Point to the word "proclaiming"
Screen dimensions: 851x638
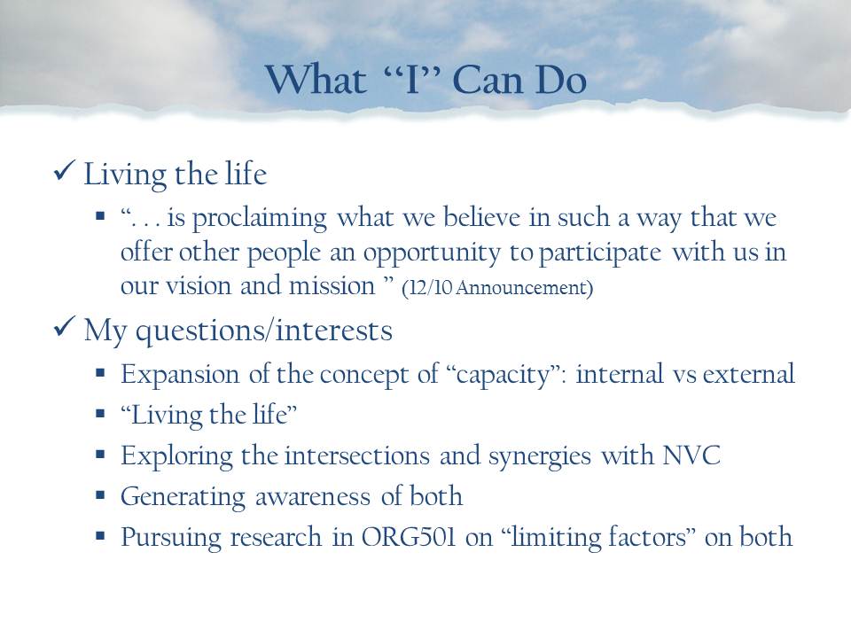click(260, 218)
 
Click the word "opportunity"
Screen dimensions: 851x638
click(432, 253)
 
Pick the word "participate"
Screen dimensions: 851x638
click(599, 253)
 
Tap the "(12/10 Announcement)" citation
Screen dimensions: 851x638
click(497, 287)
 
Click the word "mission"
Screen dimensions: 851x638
click(332, 285)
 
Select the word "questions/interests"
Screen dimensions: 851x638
click(264, 331)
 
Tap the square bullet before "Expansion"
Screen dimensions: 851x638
click(100, 373)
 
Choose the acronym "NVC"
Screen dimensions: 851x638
click(691, 455)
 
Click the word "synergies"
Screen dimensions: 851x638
click(540, 456)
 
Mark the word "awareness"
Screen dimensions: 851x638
click(313, 496)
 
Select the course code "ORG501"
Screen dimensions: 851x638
click(408, 537)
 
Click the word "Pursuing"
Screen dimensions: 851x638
click(171, 538)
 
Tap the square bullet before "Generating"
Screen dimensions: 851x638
click(100, 494)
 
